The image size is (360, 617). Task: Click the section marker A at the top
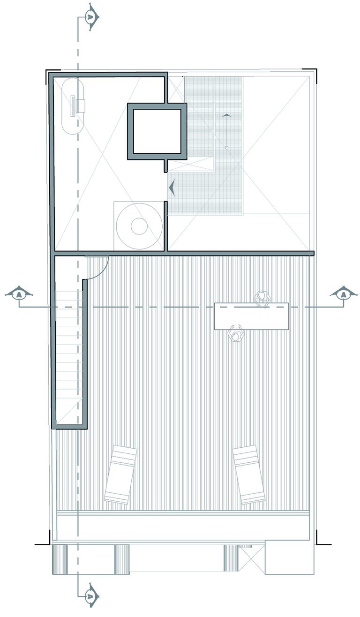[x=91, y=17]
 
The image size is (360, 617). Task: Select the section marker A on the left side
[x=19, y=294]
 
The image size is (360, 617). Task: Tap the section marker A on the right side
[x=344, y=294]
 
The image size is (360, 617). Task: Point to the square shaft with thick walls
[x=157, y=131]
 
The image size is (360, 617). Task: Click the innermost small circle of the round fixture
[x=139, y=226]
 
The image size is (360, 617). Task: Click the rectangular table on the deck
[x=251, y=316]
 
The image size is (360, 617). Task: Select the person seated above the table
[x=262, y=298]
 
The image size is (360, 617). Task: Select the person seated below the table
[x=236, y=333]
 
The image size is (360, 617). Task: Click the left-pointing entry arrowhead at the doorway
[x=172, y=188]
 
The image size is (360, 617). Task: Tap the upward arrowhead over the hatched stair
[x=226, y=115]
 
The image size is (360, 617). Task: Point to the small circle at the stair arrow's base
[x=226, y=148]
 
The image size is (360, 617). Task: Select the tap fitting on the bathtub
[x=81, y=106]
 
